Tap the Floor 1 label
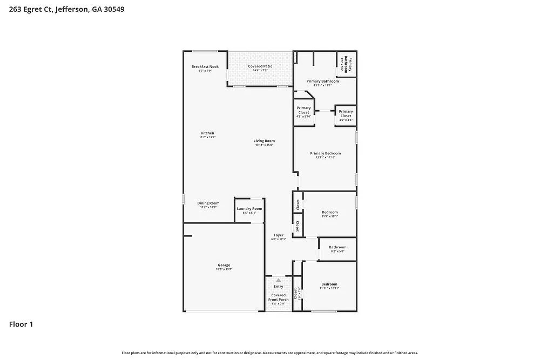pos(21,324)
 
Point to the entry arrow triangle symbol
pos(278,280)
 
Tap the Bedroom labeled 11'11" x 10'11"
pos(329,286)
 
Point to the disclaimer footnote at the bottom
pos(270,352)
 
